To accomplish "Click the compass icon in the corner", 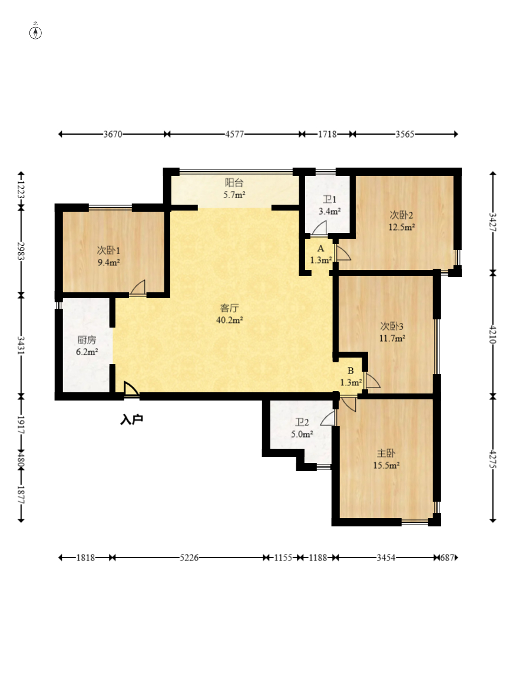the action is (x=35, y=32).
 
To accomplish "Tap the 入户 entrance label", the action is (x=131, y=419).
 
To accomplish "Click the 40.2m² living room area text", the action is (x=229, y=320).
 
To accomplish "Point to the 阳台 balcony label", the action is (x=234, y=182).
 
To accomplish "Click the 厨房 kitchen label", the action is (x=87, y=340).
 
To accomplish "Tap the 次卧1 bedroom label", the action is (x=108, y=251).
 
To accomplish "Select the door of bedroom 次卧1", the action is (x=138, y=287).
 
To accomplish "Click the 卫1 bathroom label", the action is (x=329, y=199).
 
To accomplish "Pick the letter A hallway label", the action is (x=320, y=249).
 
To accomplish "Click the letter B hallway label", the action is (x=350, y=371).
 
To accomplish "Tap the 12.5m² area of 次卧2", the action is (x=402, y=227).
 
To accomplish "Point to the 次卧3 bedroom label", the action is (x=392, y=326).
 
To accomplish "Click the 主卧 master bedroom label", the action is (x=386, y=453).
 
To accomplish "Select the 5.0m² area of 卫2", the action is (x=302, y=434).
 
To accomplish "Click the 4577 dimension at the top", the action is (x=234, y=134).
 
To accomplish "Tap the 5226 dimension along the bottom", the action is (x=189, y=558).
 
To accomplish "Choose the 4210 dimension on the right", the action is (x=492, y=335).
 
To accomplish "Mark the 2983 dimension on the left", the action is (x=21, y=251).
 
